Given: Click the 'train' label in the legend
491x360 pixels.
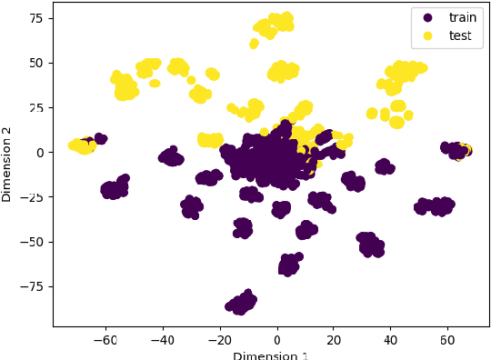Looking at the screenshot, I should pyautogui.click(x=462, y=17).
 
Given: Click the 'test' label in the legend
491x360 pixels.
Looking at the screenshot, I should pyautogui.click(x=459, y=35).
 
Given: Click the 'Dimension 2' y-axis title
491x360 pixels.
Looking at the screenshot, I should pyautogui.click(x=7, y=164).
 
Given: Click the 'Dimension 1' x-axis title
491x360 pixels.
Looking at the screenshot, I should pyautogui.click(x=270, y=355).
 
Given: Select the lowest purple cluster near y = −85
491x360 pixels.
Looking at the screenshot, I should pyautogui.click(x=241, y=304).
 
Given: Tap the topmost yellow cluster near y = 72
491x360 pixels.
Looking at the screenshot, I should pyautogui.click(x=274, y=25).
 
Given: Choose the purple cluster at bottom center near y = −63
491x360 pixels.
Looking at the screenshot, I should pyautogui.click(x=289, y=265).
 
